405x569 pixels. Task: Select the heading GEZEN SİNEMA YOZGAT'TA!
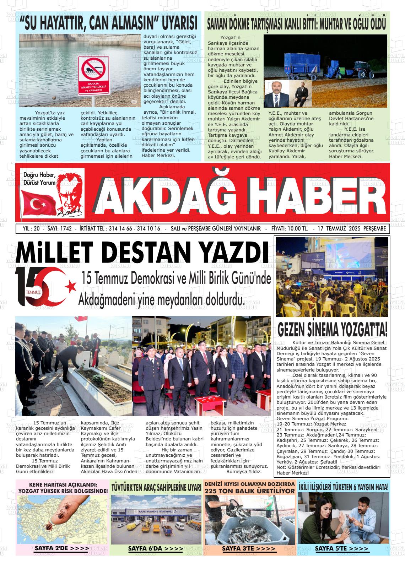point(332,329)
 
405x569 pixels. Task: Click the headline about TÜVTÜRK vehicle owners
point(156,487)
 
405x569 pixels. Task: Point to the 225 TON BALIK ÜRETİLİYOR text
point(249,491)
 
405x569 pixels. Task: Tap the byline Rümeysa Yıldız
point(243,472)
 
